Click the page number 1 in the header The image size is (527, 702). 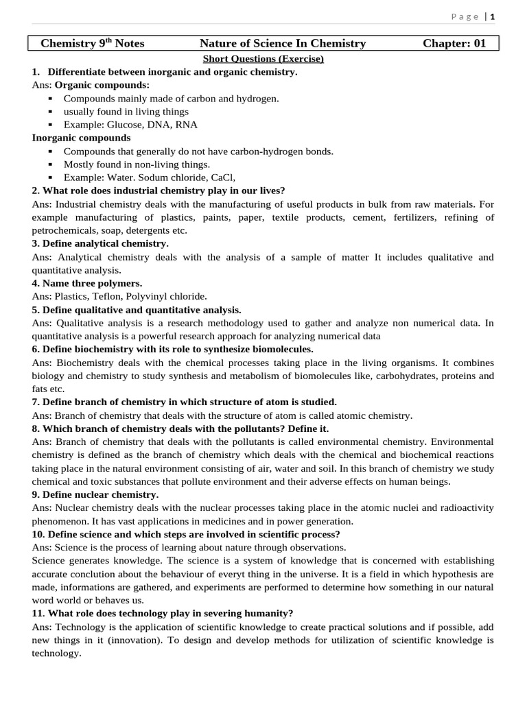pyautogui.click(x=492, y=16)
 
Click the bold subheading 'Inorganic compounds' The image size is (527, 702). pyautogui.click(x=81, y=138)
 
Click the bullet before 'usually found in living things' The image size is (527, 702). pyautogui.click(x=51, y=112)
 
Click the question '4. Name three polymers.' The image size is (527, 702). pyautogui.click(x=87, y=283)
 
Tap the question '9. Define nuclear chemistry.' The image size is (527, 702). pyautogui.click(x=95, y=494)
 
